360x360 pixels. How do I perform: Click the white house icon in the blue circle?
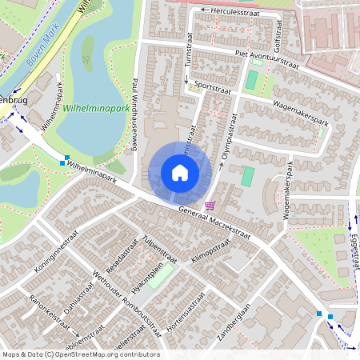(180, 172)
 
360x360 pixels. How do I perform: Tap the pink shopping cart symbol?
(210, 205)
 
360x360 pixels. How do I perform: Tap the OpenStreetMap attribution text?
(80, 354)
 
